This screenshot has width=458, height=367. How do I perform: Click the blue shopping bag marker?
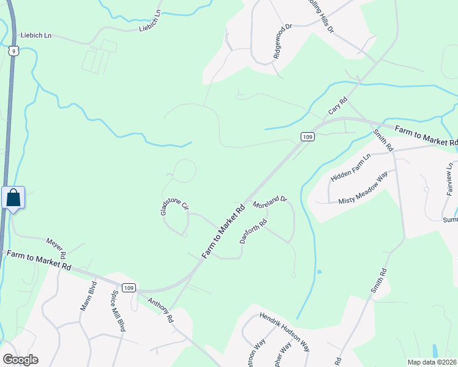13,198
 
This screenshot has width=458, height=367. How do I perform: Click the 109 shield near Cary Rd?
308,137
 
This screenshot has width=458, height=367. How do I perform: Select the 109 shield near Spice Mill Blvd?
128,288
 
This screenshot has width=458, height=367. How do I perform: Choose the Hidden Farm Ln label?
351,168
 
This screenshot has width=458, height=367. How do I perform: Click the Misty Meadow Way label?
363,188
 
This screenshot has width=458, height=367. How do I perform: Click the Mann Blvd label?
89,296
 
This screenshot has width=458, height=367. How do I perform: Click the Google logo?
20,360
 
